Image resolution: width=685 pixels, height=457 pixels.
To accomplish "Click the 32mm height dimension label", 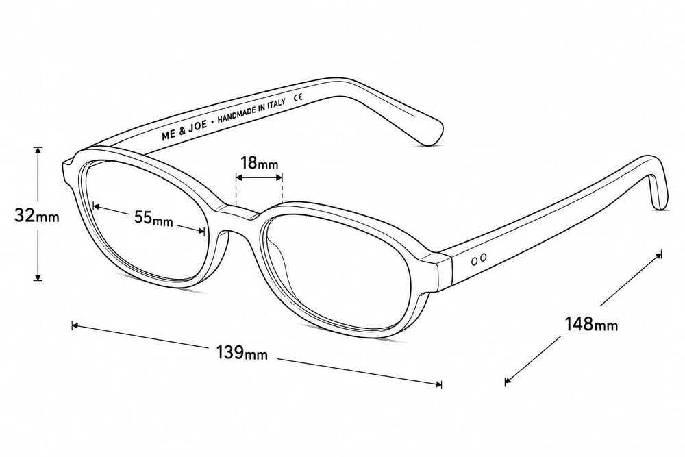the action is coord(37,215).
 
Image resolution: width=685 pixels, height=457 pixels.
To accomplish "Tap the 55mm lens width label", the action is coord(153,218).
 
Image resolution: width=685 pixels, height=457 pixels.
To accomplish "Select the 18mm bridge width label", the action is coord(259,163).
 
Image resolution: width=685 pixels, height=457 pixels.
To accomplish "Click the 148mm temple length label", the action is coord(592,324).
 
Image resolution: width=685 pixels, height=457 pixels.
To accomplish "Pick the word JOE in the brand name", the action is coord(197,127).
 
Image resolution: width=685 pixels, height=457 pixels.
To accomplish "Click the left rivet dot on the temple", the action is coord(475,261).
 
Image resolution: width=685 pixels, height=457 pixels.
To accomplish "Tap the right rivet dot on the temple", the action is coord(483,258).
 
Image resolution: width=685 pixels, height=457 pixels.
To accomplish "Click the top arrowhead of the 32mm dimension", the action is coord(38,150).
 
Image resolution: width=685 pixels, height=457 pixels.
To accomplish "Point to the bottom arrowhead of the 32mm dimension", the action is coord(38,277).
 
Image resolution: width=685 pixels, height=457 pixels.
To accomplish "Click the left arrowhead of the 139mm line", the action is coord(75,325).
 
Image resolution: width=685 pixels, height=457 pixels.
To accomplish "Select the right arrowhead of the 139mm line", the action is coord(438,384).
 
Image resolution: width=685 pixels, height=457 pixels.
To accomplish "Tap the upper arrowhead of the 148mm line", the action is coord(658,255).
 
